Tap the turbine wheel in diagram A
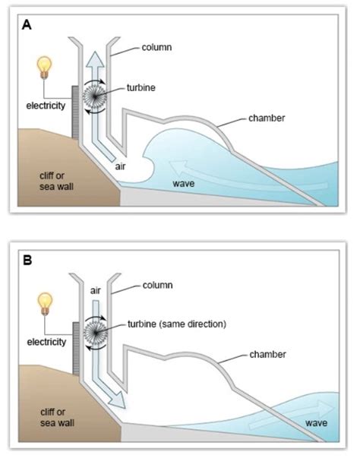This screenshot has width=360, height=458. (98, 100)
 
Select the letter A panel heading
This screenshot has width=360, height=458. (27, 24)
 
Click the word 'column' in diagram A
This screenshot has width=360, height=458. (157, 47)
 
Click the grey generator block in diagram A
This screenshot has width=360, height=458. (75, 112)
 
